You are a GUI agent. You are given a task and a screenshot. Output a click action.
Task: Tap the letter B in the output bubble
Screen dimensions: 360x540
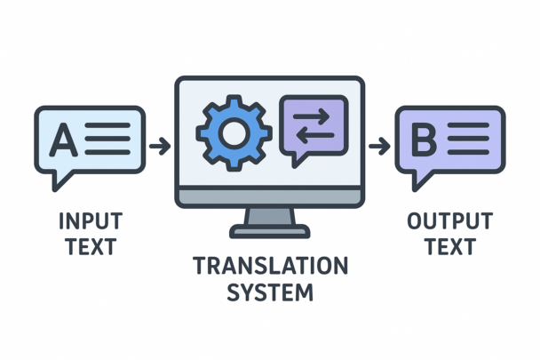(425, 140)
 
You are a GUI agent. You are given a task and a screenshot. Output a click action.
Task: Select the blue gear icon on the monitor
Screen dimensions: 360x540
(234, 133)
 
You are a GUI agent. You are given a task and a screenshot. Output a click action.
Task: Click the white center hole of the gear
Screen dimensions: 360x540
(234, 133)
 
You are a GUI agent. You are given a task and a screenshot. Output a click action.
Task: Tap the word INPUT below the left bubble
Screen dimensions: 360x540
(90, 220)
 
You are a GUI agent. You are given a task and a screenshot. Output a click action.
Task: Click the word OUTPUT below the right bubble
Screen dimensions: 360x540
(449, 220)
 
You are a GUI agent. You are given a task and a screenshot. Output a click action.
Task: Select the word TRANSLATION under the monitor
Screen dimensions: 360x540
(270, 266)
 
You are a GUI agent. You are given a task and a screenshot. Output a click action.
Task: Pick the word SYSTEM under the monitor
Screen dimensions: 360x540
(270, 291)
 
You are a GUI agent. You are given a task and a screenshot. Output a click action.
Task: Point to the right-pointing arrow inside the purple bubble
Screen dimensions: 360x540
(314, 116)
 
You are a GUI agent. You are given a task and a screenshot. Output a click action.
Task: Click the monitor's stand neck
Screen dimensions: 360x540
(270, 216)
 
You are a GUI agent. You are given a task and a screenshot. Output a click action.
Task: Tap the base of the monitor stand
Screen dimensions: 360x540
(270, 233)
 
